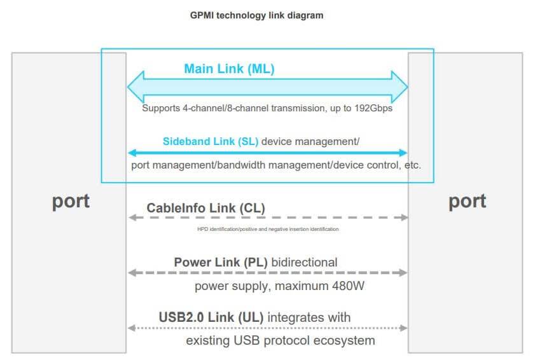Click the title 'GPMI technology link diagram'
(x=256, y=15)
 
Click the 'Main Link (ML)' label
(x=229, y=69)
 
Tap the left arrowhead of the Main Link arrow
(x=135, y=87)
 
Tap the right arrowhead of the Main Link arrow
(x=400, y=87)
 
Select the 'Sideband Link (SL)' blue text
(x=210, y=141)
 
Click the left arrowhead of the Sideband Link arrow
(x=132, y=153)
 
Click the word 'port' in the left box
(x=71, y=201)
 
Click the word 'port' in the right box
(x=467, y=201)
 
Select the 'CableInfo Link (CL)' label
(x=205, y=208)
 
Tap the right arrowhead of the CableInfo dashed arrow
(x=405, y=218)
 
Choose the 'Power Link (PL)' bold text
(x=221, y=263)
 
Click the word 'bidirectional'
(x=304, y=263)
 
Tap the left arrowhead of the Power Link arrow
(x=132, y=273)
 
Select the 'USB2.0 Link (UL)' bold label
(x=211, y=317)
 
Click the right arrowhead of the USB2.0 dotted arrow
(x=404, y=328)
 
